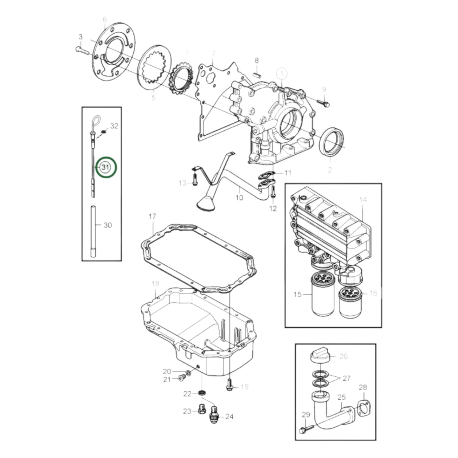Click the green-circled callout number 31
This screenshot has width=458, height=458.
(106, 167)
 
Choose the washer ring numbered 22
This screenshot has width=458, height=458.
(201, 393)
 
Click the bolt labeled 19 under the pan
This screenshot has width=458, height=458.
(229, 385)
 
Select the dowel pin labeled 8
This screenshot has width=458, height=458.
(257, 75)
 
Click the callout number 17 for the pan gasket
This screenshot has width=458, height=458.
(152, 217)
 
